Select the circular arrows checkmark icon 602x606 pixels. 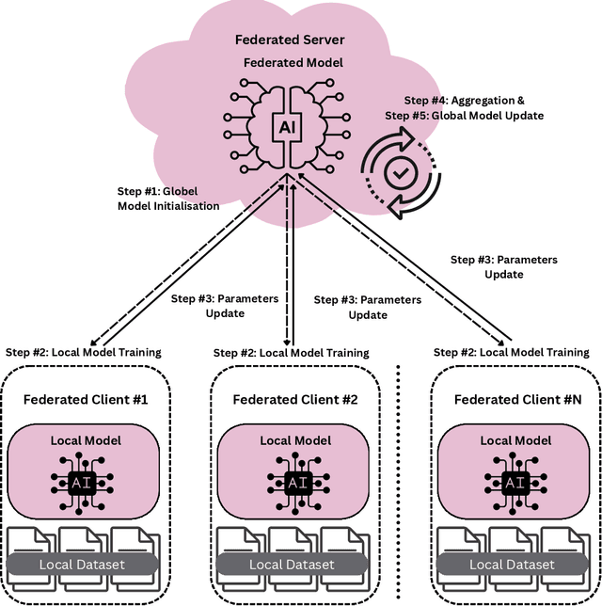click(x=401, y=171)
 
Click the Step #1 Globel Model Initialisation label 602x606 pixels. click(x=168, y=198)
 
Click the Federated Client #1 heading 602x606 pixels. click(x=86, y=399)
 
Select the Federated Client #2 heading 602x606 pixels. click(x=295, y=399)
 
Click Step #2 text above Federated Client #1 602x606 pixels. click(x=82, y=352)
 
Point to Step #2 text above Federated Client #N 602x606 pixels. click(x=511, y=352)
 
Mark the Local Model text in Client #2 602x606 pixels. click(x=295, y=440)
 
